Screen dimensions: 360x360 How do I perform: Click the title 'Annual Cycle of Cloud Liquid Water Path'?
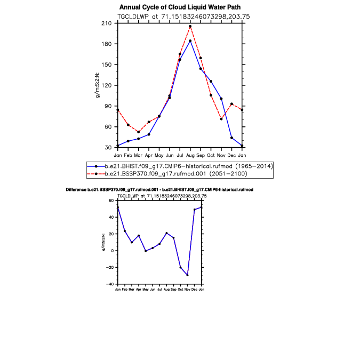(x=180, y=7)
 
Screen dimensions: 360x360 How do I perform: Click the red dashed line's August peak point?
(x=190, y=27)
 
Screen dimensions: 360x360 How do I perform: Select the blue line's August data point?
(x=190, y=41)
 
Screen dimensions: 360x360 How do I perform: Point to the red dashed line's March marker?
(x=139, y=132)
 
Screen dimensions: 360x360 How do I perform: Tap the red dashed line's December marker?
(x=231, y=104)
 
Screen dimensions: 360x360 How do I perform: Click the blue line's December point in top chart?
(x=231, y=138)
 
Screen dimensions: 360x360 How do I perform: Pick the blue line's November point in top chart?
(x=221, y=99)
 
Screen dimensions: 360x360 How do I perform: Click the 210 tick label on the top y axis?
(x=107, y=23)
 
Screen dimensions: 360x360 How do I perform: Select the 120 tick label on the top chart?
(x=107, y=85)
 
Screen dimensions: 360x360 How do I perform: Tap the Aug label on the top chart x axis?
(x=190, y=155)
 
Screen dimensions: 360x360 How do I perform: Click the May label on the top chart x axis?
(x=159, y=156)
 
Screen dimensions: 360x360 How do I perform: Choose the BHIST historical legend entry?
(x=189, y=166)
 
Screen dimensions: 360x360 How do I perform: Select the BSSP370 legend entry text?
(x=176, y=173)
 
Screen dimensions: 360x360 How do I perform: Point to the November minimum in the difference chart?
(x=188, y=275)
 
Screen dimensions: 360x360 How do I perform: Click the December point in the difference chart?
(x=195, y=210)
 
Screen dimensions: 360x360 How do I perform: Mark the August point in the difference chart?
(x=167, y=233)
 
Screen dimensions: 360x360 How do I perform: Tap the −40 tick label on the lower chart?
(x=110, y=284)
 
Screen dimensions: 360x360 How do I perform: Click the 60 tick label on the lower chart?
(x=111, y=201)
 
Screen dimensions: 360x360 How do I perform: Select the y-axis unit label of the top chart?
(x=98, y=85)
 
